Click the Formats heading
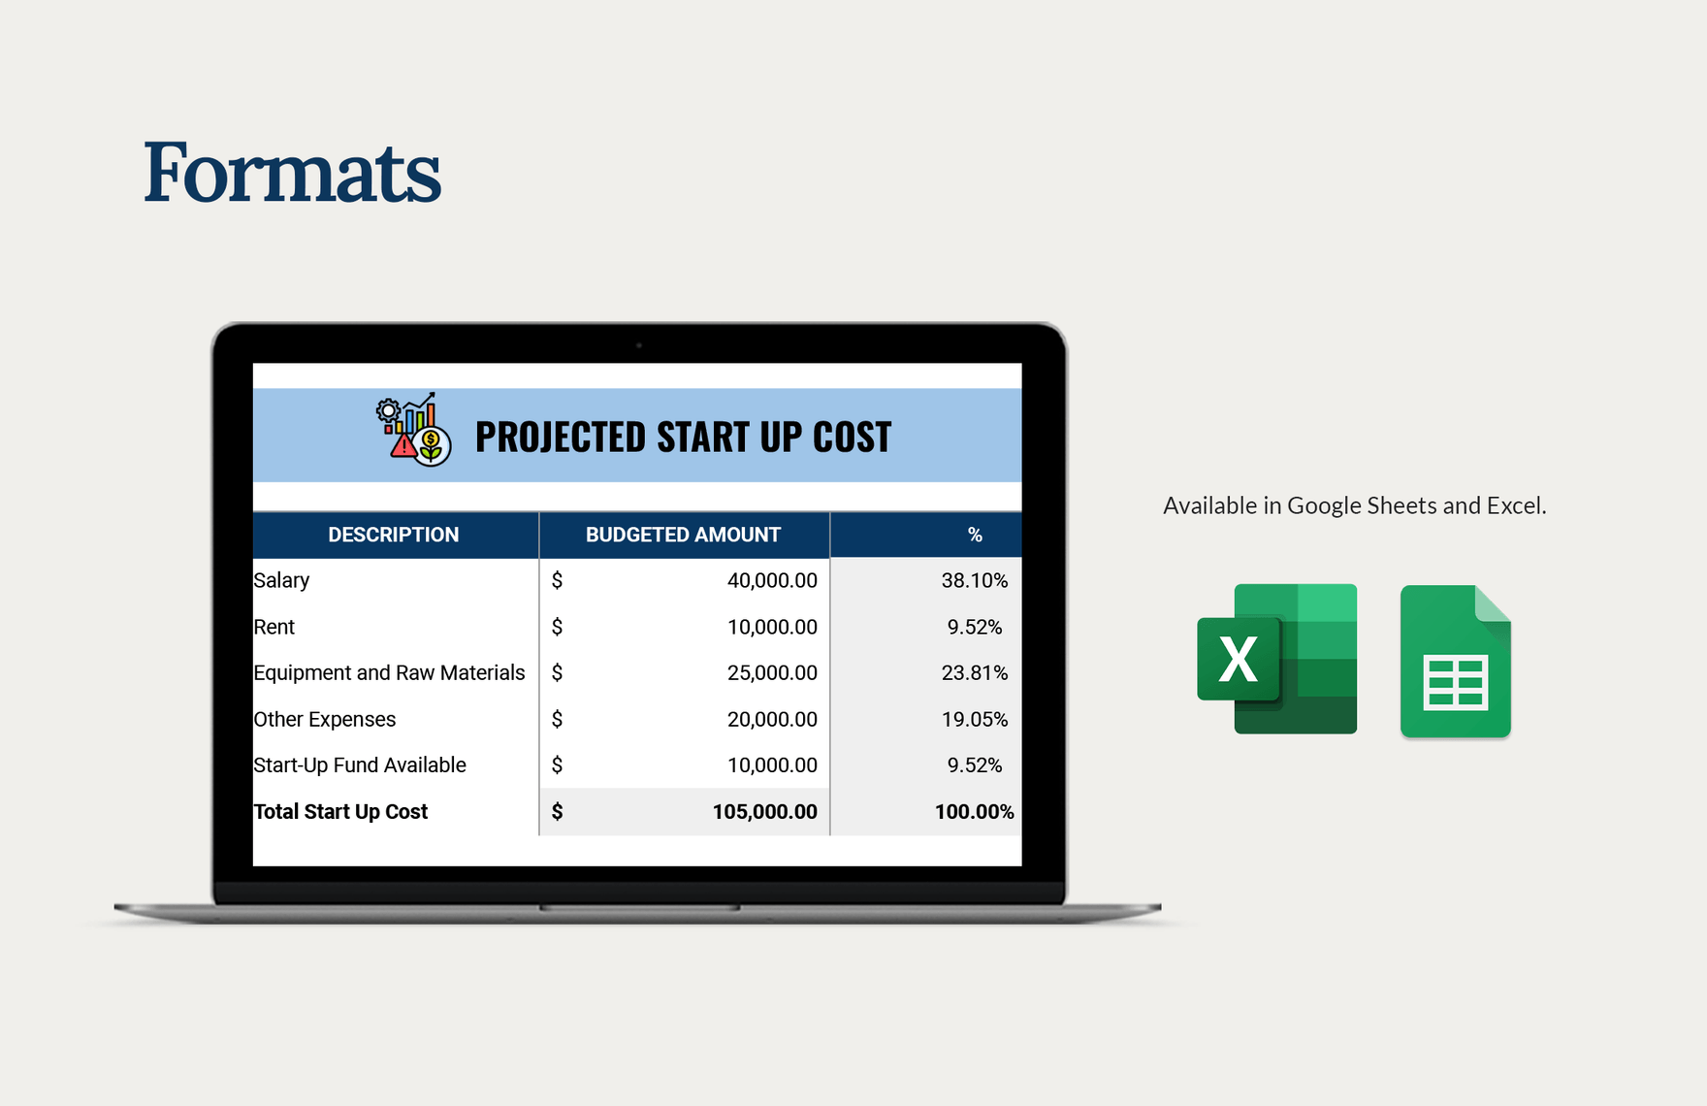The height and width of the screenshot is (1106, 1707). coord(292,173)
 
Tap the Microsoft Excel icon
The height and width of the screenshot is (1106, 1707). coord(1276,659)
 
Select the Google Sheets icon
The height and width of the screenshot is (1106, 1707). coord(1455,662)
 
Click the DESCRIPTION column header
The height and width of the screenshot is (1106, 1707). coord(393,535)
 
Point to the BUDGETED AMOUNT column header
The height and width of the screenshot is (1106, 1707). coord(683,535)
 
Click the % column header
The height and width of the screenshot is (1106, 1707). coord(975,535)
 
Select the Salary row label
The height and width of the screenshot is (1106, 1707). coord(281,580)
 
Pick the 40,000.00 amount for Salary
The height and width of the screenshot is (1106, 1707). coord(772,580)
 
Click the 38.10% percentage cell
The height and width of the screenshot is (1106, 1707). coord(974,580)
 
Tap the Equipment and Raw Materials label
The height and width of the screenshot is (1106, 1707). coord(389,672)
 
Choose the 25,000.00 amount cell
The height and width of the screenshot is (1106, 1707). coord(772,672)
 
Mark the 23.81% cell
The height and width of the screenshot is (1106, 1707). coord(974,672)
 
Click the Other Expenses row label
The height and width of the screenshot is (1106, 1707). coord(325,719)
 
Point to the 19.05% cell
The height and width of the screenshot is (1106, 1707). coord(974,719)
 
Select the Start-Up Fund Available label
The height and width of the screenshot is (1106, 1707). coord(360,764)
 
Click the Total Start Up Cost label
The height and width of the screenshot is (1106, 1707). coord(340,811)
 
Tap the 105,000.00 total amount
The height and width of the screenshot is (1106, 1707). coord(764,811)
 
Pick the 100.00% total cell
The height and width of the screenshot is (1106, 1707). coord(974,811)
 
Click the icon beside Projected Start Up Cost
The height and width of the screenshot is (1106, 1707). coord(414,430)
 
